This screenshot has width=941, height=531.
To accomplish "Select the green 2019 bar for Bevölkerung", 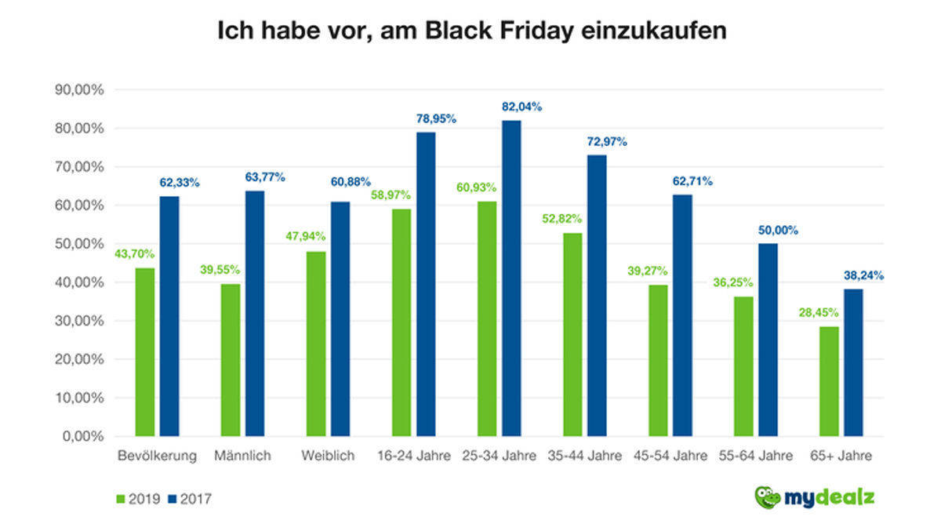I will coord(145,352).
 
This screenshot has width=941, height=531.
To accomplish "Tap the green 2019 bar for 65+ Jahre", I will coord(829,381).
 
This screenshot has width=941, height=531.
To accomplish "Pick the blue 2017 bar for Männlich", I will coord(255,313).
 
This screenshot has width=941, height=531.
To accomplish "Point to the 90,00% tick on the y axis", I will coord(78,90).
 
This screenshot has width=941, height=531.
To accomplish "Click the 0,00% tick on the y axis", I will coord(81,436).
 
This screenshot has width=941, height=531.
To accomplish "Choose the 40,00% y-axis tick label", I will coord(78,282).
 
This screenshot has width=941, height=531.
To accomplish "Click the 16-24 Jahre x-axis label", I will coord(415,456).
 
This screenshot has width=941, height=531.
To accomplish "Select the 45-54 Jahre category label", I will coord(670,456).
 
